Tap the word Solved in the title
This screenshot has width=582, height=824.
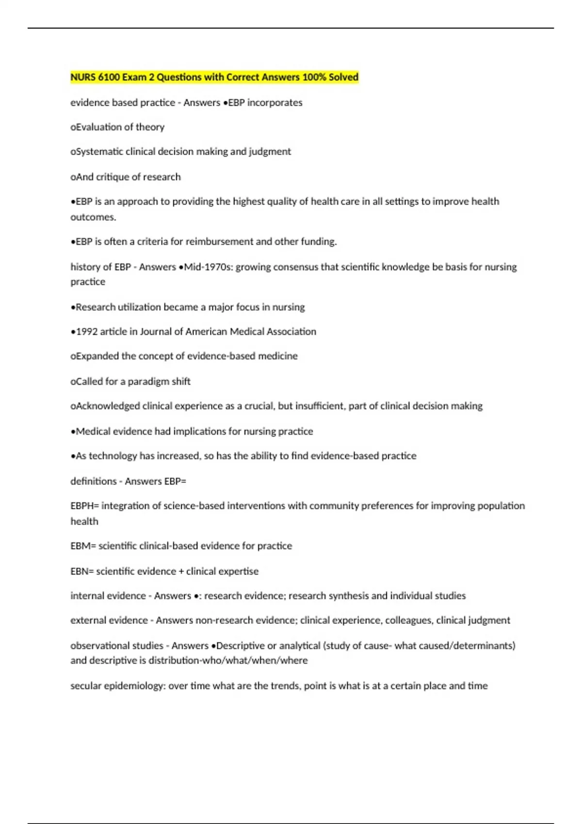tap(343, 77)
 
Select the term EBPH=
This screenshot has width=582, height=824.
tap(84, 506)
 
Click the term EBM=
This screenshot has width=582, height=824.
tap(83, 546)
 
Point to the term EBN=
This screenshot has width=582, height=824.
tap(82, 571)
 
